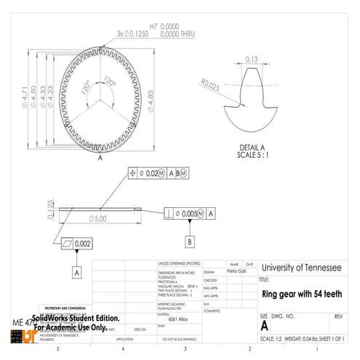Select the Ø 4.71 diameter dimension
coord(24,95)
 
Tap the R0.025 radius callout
coord(211,86)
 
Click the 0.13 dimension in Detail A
coord(252,59)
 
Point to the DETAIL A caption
coord(252,147)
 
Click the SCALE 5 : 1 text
coord(252,155)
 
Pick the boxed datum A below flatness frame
coord(76,272)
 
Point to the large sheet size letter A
coord(264,327)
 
